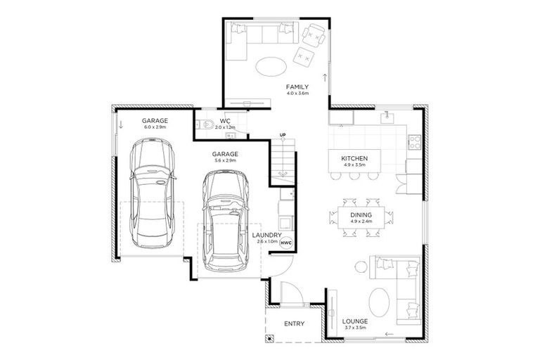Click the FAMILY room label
coord(297,86)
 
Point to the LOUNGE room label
coord(356,321)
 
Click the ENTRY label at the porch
coord(293,324)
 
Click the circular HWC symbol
coord(285,242)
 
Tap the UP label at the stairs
coord(283,134)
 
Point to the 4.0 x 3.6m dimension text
coord(297,94)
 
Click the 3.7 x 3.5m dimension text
coord(356,328)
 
